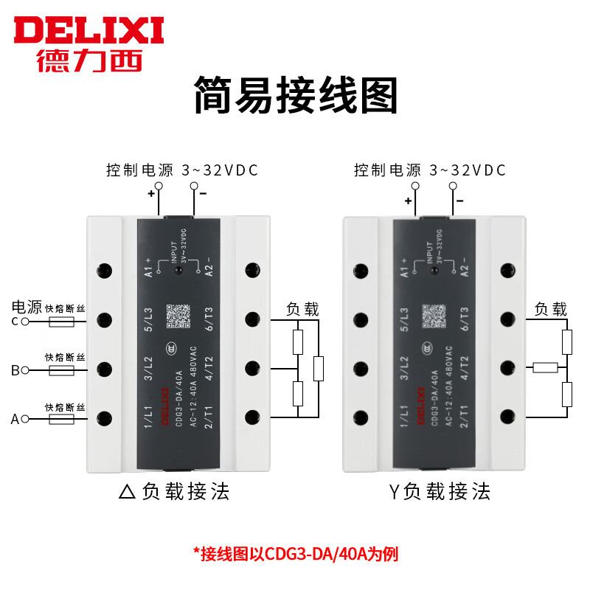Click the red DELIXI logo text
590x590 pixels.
pyautogui.click(x=88, y=29)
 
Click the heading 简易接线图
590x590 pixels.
pyautogui.click(x=295, y=96)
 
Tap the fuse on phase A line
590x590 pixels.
pyautogui.click(x=60, y=419)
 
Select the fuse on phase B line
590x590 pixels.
pyautogui.click(x=60, y=370)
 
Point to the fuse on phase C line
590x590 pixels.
pyautogui.click(x=60, y=322)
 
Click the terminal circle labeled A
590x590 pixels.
pyautogui.click(x=24, y=419)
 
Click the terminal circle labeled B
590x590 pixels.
pyautogui.click(x=24, y=370)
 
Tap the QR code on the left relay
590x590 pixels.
pyautogui.click(x=178, y=316)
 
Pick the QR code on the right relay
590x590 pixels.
pyautogui.click(x=434, y=316)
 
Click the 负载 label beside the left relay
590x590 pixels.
pyautogui.click(x=302, y=308)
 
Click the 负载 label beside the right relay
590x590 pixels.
pyautogui.click(x=550, y=308)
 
